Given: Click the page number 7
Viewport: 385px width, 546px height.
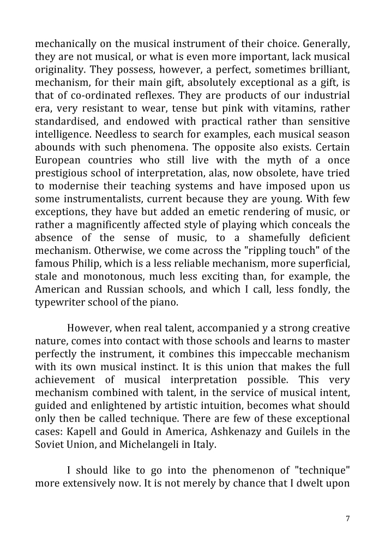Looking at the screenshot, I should click(348, 519).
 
